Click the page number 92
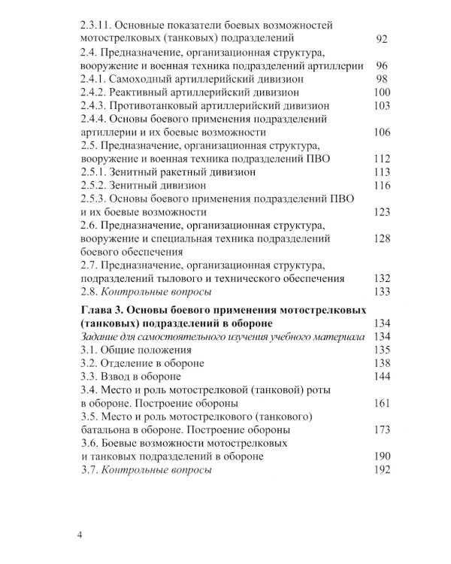coord(381,37)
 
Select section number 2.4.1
coord(96,78)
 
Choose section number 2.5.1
coord(96,172)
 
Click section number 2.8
coord(91,292)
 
